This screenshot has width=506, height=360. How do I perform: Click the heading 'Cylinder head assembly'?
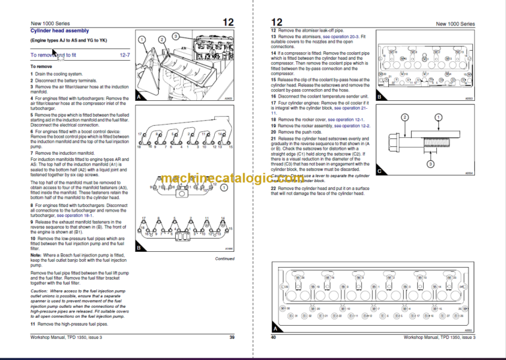[x=60, y=30]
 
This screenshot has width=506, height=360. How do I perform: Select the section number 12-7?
[x=124, y=56]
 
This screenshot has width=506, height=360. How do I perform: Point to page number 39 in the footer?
[x=232, y=338]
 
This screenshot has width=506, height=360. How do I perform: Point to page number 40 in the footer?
[x=273, y=338]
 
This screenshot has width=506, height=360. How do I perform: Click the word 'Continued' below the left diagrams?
[x=225, y=258]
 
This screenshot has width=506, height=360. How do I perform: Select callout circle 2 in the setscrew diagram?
[x=405, y=117]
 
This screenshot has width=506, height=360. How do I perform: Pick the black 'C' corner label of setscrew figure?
[x=379, y=171]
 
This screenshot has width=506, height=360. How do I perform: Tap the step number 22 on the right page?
[x=274, y=188]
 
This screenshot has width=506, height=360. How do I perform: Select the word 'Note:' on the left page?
[x=36, y=255]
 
